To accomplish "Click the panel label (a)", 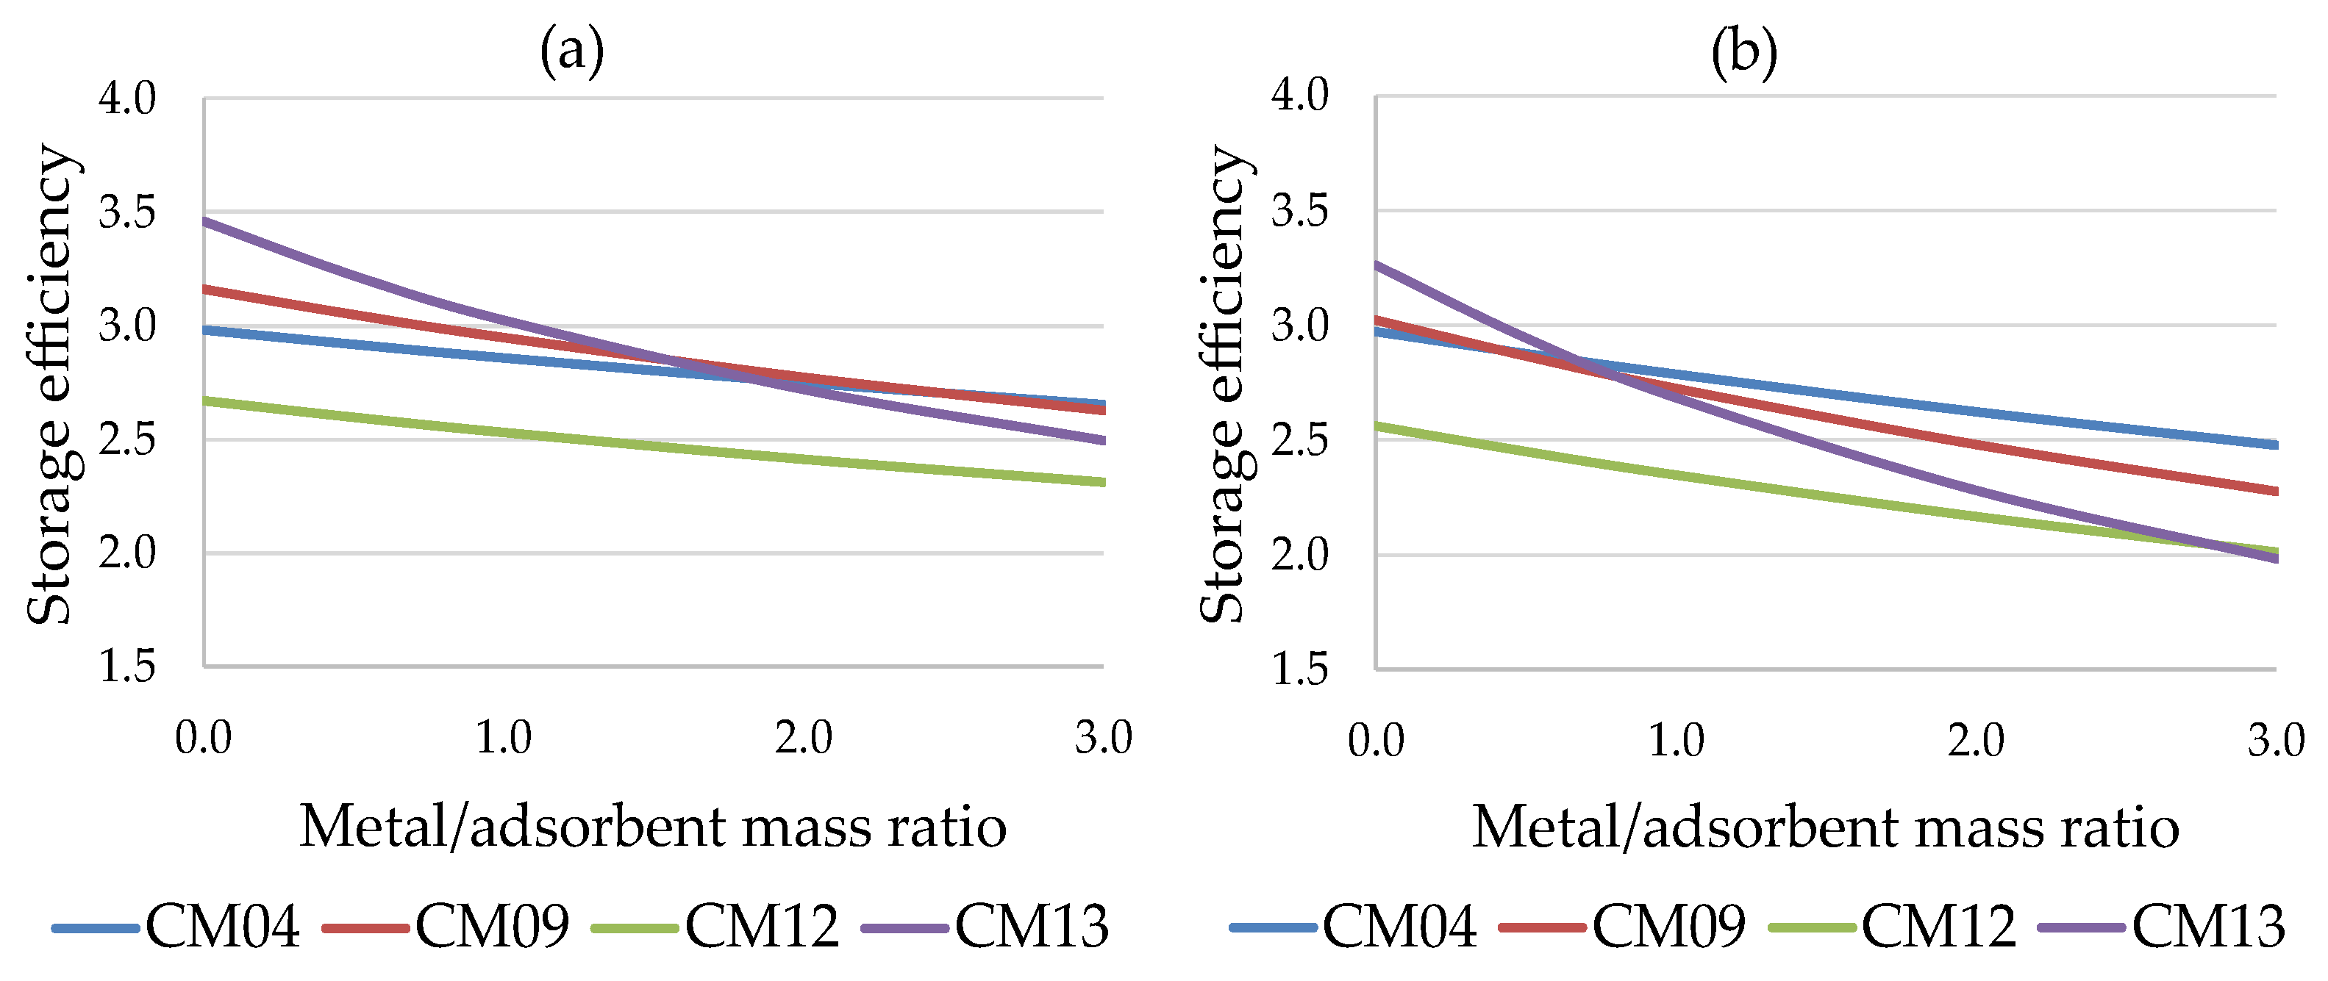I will tap(571, 51).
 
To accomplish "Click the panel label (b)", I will tap(1743, 51).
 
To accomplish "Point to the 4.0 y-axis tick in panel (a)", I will tap(127, 98).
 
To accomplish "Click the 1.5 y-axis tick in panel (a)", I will tap(127, 666).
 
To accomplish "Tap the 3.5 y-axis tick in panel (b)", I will tap(1299, 212).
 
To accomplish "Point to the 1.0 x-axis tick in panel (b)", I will tap(1676, 741).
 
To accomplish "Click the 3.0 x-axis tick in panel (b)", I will tap(2276, 741).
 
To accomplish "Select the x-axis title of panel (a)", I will tap(652, 826).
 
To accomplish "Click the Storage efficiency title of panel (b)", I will tap(1226, 384).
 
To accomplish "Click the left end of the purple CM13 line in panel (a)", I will tap(206, 220).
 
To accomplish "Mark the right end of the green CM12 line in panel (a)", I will tap(1102, 481).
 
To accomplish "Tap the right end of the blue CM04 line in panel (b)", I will tap(2274, 445).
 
